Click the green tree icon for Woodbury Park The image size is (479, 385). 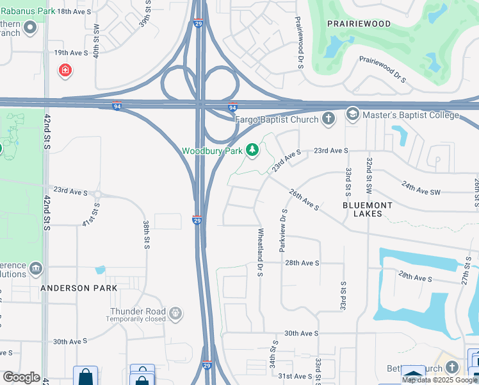[x=252, y=150]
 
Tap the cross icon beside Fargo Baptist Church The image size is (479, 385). [x=328, y=118]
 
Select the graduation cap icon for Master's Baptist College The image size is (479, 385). [x=352, y=114]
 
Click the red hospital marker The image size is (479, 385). [x=65, y=71]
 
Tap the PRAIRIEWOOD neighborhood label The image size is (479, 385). [x=359, y=24]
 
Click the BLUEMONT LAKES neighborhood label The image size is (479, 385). [x=371, y=209]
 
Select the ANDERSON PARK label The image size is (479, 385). [x=79, y=288]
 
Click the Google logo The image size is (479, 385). [x=21, y=377]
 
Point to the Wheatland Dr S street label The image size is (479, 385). [x=261, y=252]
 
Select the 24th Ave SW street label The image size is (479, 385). [x=421, y=187]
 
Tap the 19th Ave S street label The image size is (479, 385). [x=70, y=53]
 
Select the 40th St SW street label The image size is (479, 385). [x=96, y=43]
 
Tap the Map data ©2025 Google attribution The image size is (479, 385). [x=439, y=380]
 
